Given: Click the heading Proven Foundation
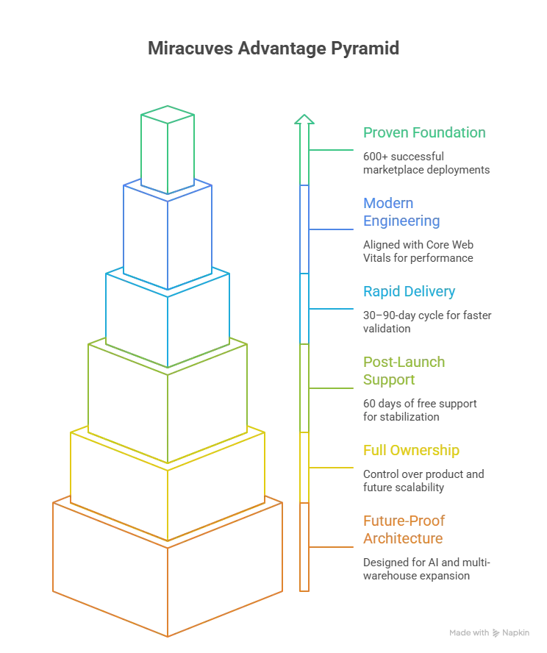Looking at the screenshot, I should click(x=423, y=134).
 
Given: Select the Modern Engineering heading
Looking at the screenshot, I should click(x=401, y=213).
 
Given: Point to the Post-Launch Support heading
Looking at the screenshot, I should click(x=405, y=371).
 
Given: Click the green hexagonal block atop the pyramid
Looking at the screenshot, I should click(x=169, y=147).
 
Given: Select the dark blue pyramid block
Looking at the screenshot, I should click(x=169, y=232).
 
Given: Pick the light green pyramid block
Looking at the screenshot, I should click(x=169, y=401).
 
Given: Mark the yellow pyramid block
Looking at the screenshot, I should click(x=169, y=485).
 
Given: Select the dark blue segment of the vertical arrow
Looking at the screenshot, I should click(x=304, y=228).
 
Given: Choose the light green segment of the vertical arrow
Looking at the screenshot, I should click(x=304, y=386).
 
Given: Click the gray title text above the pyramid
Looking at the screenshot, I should click(x=273, y=51).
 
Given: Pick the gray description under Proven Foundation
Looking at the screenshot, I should click(x=426, y=163).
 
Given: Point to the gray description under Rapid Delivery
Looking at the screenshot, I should click(x=426, y=321).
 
